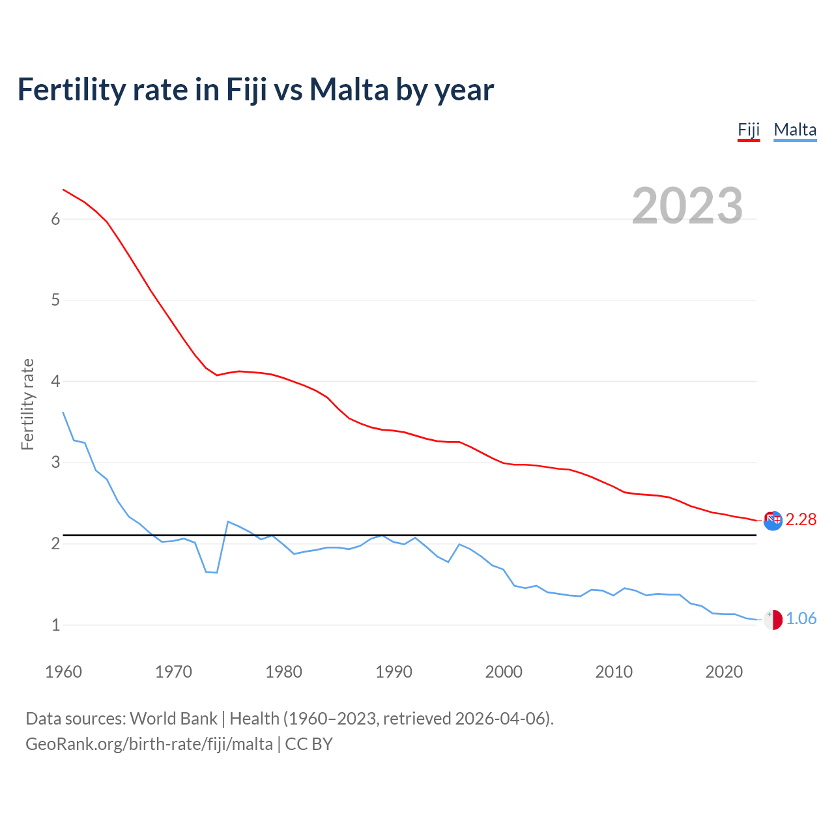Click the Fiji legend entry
pos(749,130)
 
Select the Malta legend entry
pos(795,130)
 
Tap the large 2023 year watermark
pos(687,206)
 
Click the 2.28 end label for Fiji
pos(801,519)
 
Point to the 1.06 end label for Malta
pos(801,618)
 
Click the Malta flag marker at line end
pos(773,620)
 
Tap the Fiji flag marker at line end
pos(773,520)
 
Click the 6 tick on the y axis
pos(55,219)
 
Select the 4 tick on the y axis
pos(55,381)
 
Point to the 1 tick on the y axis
pos(55,625)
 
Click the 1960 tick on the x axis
pos(63,672)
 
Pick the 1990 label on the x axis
pos(394,672)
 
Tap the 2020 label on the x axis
pos(724,672)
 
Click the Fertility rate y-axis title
pos(27,404)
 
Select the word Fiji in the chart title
pos(247,89)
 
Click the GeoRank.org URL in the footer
pos(149,743)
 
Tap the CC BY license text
pos(309,743)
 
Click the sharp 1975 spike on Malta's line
pos(228,522)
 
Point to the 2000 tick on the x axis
pos(504,672)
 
